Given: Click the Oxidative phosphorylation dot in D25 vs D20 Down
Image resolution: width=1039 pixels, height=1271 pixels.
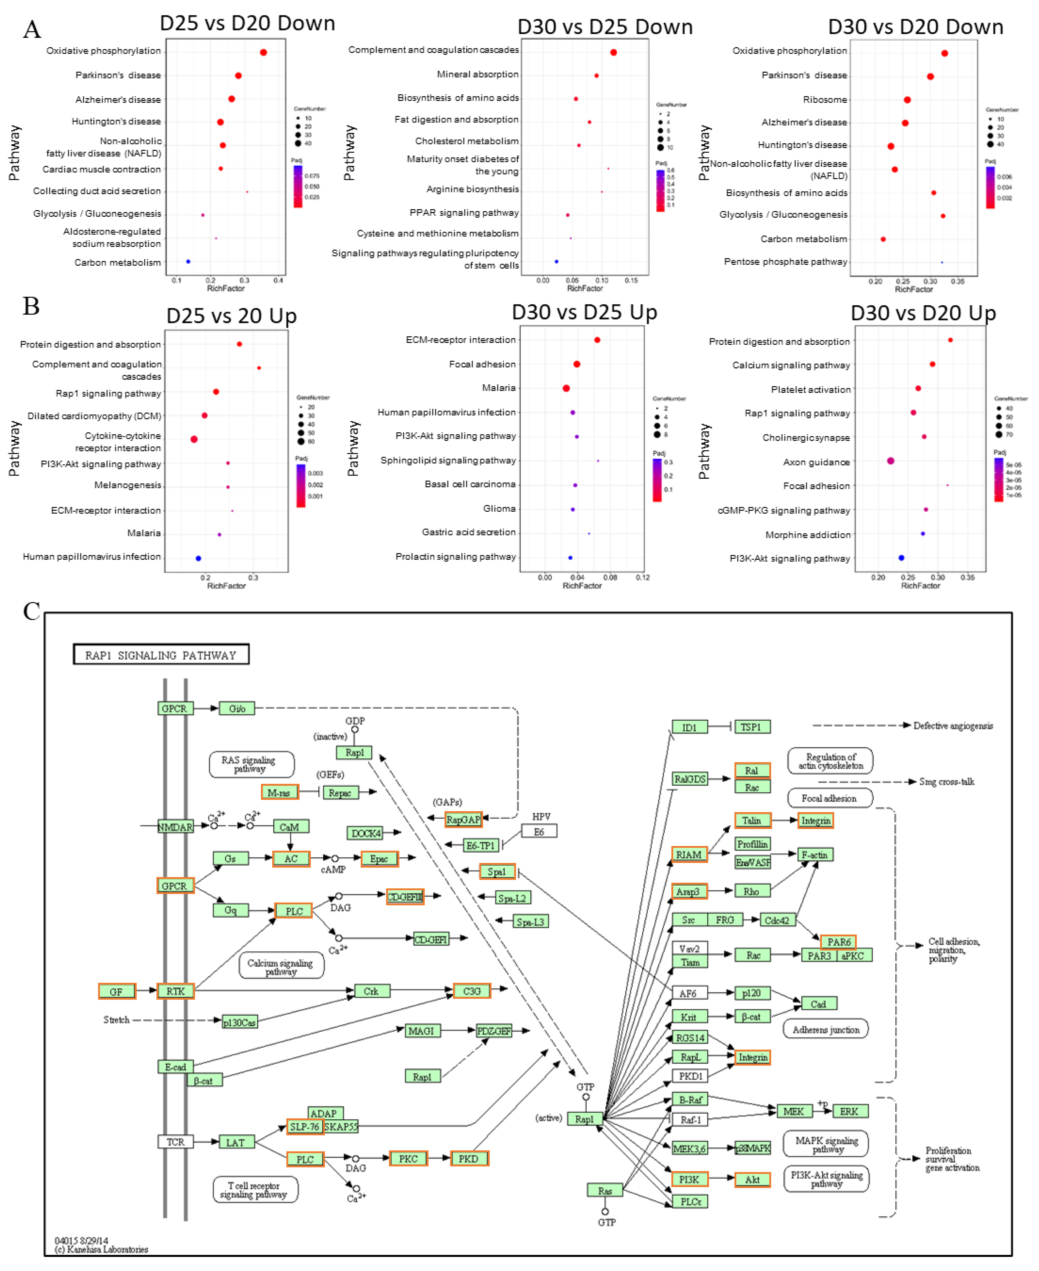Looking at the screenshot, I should [x=263, y=53].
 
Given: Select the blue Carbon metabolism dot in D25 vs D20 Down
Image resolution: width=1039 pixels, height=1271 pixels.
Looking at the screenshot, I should [x=188, y=262].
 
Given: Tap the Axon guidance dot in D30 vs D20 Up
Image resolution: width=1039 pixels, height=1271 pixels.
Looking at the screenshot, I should [x=891, y=461].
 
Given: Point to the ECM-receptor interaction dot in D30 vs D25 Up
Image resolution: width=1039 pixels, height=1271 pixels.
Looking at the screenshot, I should [x=597, y=340].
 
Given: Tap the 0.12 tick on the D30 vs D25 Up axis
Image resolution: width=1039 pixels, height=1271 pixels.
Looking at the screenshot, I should [x=643, y=578].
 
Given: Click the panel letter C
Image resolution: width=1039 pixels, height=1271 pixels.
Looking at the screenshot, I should [x=32, y=611].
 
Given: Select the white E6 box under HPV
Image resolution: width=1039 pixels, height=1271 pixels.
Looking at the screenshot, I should [x=539, y=832].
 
